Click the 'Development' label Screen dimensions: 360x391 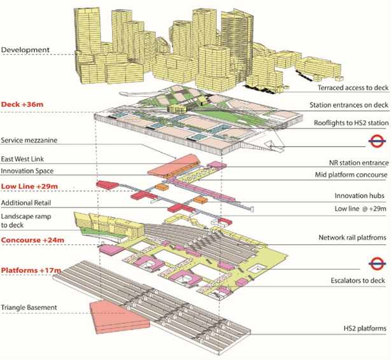pyautogui.click(x=25, y=49)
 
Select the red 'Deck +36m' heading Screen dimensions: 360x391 pyautogui.click(x=26, y=103)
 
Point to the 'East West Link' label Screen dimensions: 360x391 pyautogui.click(x=26, y=158)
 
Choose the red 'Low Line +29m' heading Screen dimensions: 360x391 pyautogui.click(x=31, y=186)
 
